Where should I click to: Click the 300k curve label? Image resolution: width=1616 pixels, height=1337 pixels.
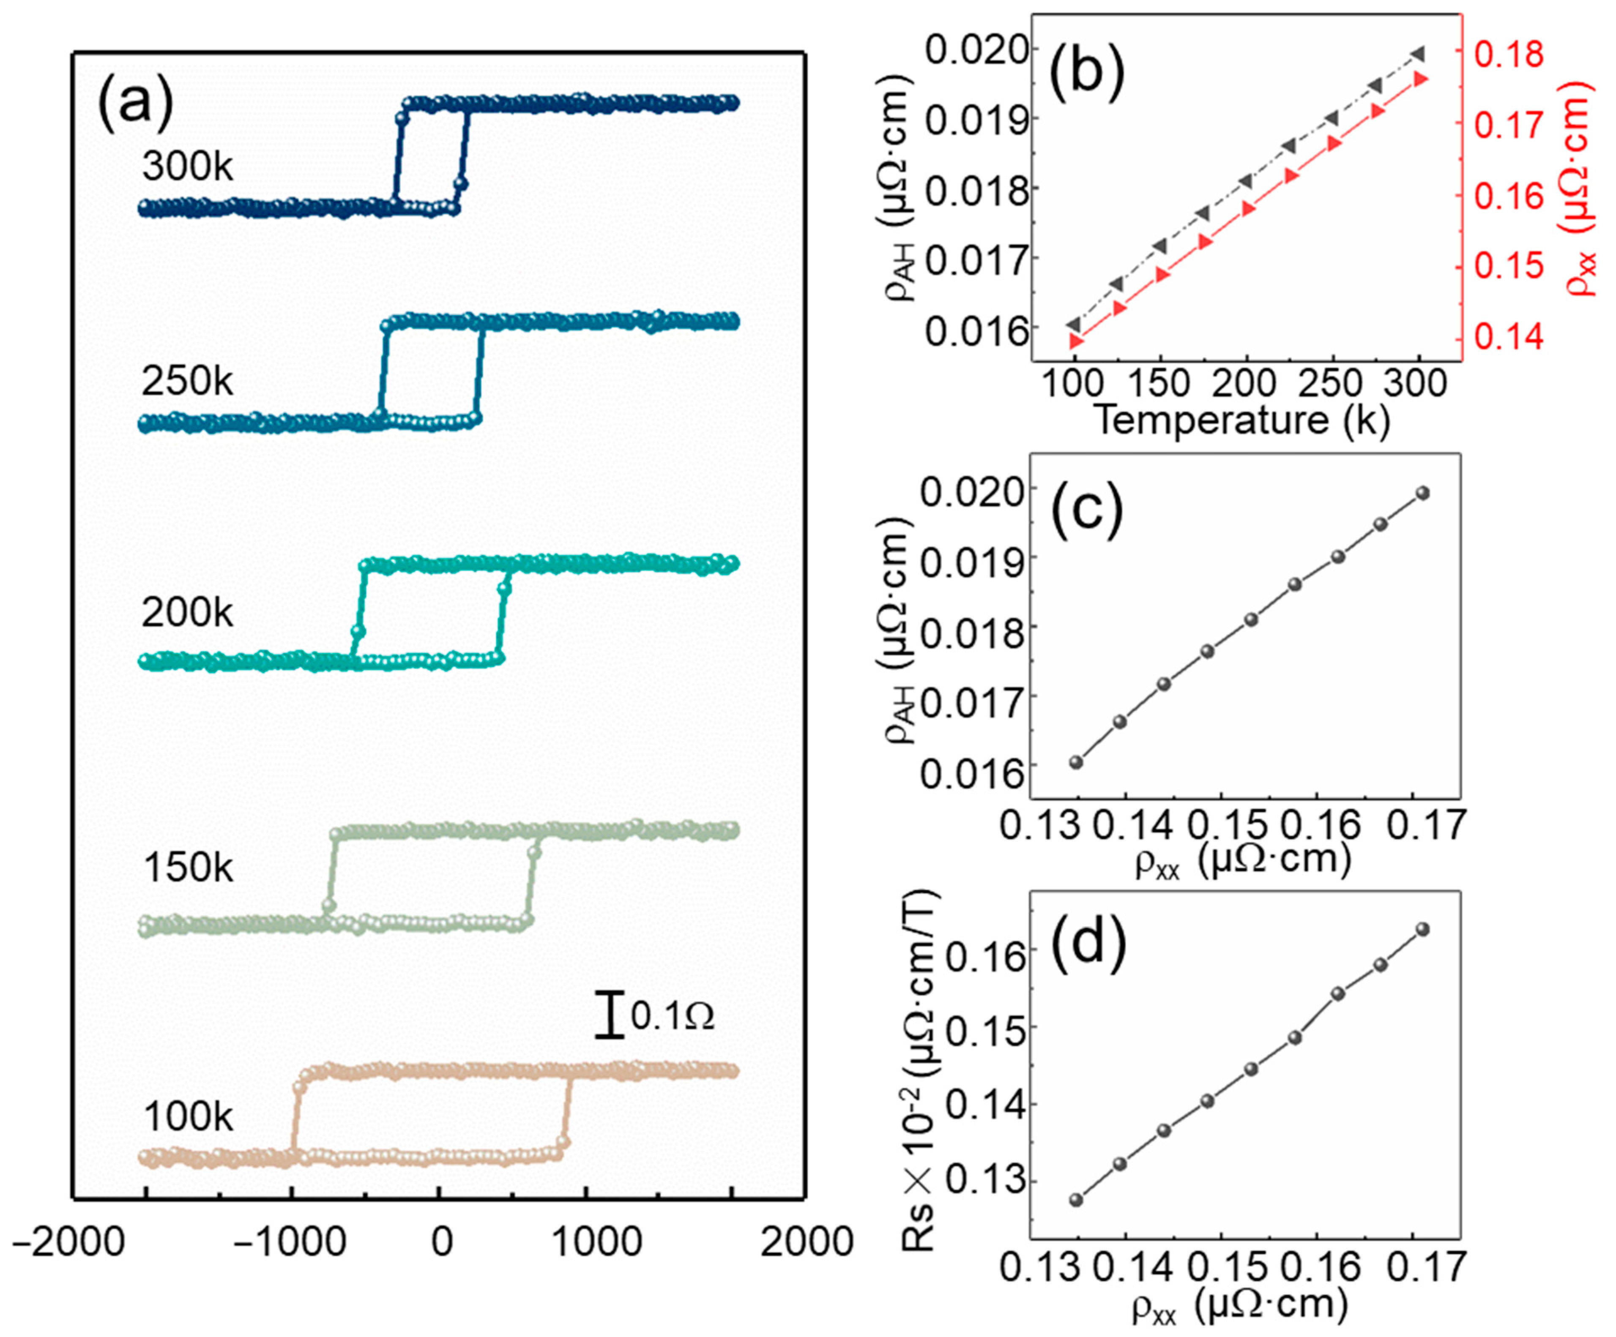(187, 167)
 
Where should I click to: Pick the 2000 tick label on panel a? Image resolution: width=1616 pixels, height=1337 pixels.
(807, 1244)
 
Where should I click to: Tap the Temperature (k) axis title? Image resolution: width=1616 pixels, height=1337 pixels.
(1241, 421)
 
